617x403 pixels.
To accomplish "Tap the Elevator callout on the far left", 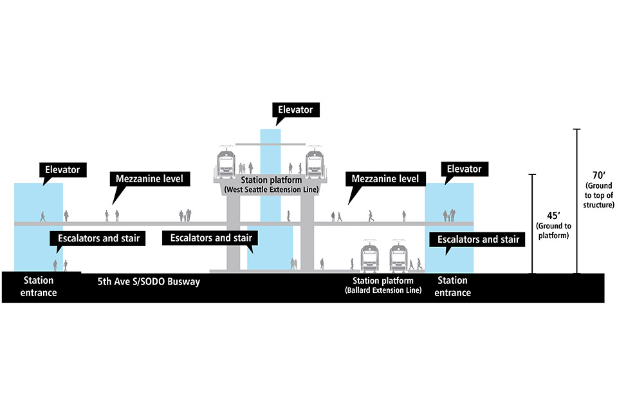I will click(62, 170).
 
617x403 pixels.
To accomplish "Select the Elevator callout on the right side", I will click(463, 169).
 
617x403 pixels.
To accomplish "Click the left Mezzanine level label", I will click(150, 178).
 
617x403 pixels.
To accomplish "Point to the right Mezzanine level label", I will click(385, 178).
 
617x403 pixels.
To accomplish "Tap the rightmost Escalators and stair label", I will click(478, 239).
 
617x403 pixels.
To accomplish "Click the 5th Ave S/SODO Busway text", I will click(149, 282).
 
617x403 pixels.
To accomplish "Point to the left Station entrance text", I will click(39, 286).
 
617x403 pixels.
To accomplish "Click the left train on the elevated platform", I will click(226, 162).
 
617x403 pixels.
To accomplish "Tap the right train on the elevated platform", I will click(313, 162).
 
